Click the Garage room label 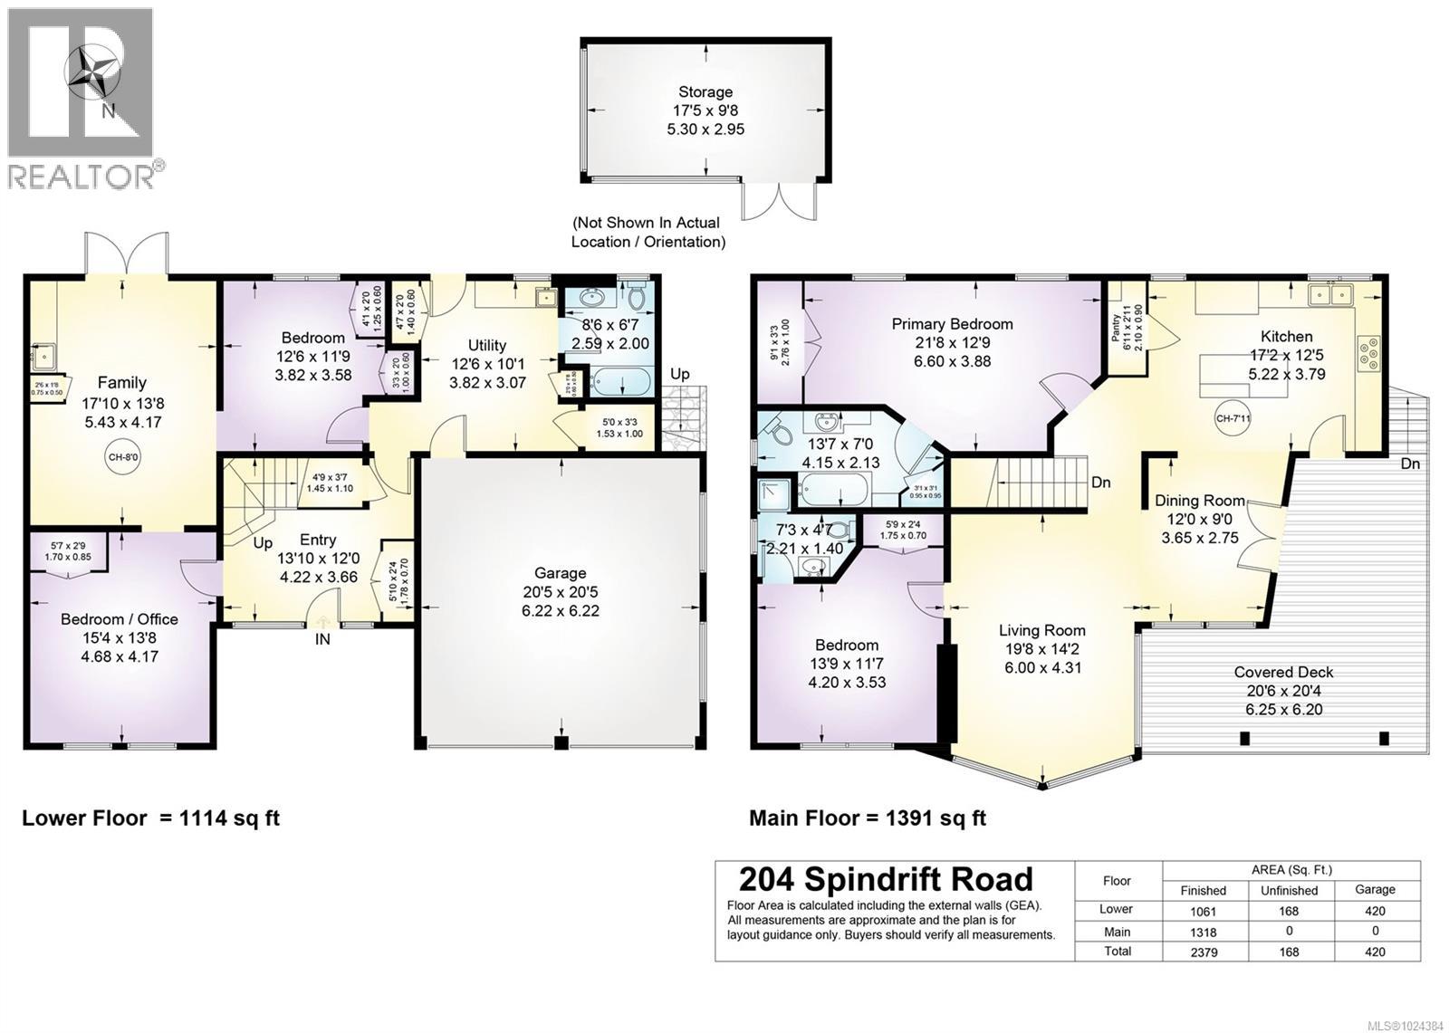pyautogui.click(x=560, y=573)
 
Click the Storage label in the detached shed pyautogui.click(x=705, y=91)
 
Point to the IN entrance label pyautogui.click(x=322, y=640)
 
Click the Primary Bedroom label pyautogui.click(x=952, y=324)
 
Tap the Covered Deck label pyautogui.click(x=1283, y=672)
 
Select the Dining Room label pyautogui.click(x=1199, y=501)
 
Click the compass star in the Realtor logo pyautogui.click(x=93, y=72)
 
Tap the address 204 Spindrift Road pyautogui.click(x=886, y=879)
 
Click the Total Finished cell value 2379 pyautogui.click(x=1203, y=952)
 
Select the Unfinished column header pyautogui.click(x=1288, y=890)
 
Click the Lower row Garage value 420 pyautogui.click(x=1374, y=911)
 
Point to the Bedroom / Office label pyautogui.click(x=120, y=619)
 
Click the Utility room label pyautogui.click(x=486, y=345)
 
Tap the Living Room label pyautogui.click(x=1041, y=630)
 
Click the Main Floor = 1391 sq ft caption pyautogui.click(x=867, y=818)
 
